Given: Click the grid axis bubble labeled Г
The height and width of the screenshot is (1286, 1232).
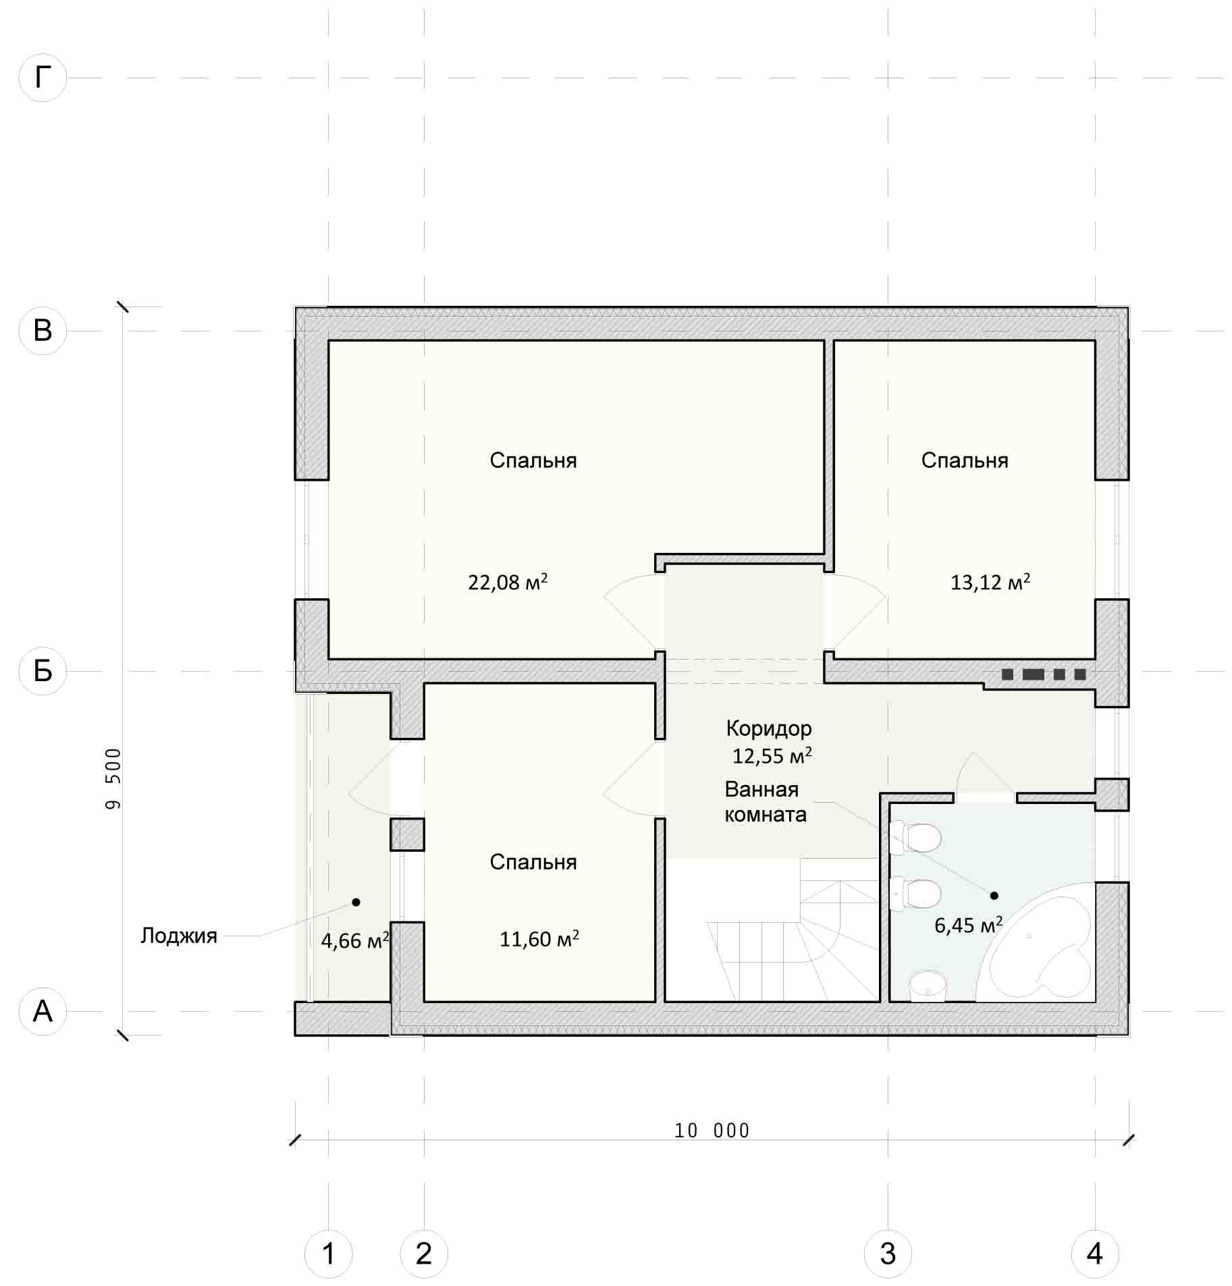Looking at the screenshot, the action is pos(43,78).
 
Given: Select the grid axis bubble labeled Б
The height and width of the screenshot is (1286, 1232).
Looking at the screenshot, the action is pos(43,671).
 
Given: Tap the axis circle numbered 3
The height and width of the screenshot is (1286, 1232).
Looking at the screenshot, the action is pos(888,1254).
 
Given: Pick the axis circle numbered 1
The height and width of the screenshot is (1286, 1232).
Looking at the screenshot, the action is pos(329,1254).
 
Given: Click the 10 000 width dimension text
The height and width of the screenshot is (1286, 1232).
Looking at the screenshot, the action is pos(712,1131).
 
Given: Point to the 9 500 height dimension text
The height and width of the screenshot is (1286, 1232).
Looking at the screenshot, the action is pos(113,778).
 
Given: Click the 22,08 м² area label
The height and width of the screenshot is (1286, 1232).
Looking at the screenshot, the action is pos(508,582).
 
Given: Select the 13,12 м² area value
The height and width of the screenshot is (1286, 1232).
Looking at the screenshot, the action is pos(990,582).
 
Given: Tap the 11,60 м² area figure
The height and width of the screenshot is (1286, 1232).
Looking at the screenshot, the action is pos(539,939).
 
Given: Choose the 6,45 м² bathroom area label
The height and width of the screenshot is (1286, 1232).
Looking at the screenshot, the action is pos(968,925).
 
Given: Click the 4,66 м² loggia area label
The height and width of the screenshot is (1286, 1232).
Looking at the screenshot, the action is pos(355,940).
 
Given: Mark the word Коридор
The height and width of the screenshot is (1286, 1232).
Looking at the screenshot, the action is pos(769,728).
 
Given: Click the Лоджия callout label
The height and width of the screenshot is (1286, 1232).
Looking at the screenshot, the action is pos(179,936).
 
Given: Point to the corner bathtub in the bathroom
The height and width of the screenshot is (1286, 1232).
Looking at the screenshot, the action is pos(1035,942).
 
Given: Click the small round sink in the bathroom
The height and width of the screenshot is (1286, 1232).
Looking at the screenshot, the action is pos(928,988).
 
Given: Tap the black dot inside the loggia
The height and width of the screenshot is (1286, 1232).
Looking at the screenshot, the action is pos(356,902).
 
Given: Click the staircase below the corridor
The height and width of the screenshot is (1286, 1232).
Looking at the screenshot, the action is pos(772,930).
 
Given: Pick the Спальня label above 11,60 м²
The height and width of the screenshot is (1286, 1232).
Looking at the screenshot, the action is pos(533,862).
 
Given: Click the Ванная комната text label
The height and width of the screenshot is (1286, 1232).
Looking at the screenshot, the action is pos(766,802).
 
